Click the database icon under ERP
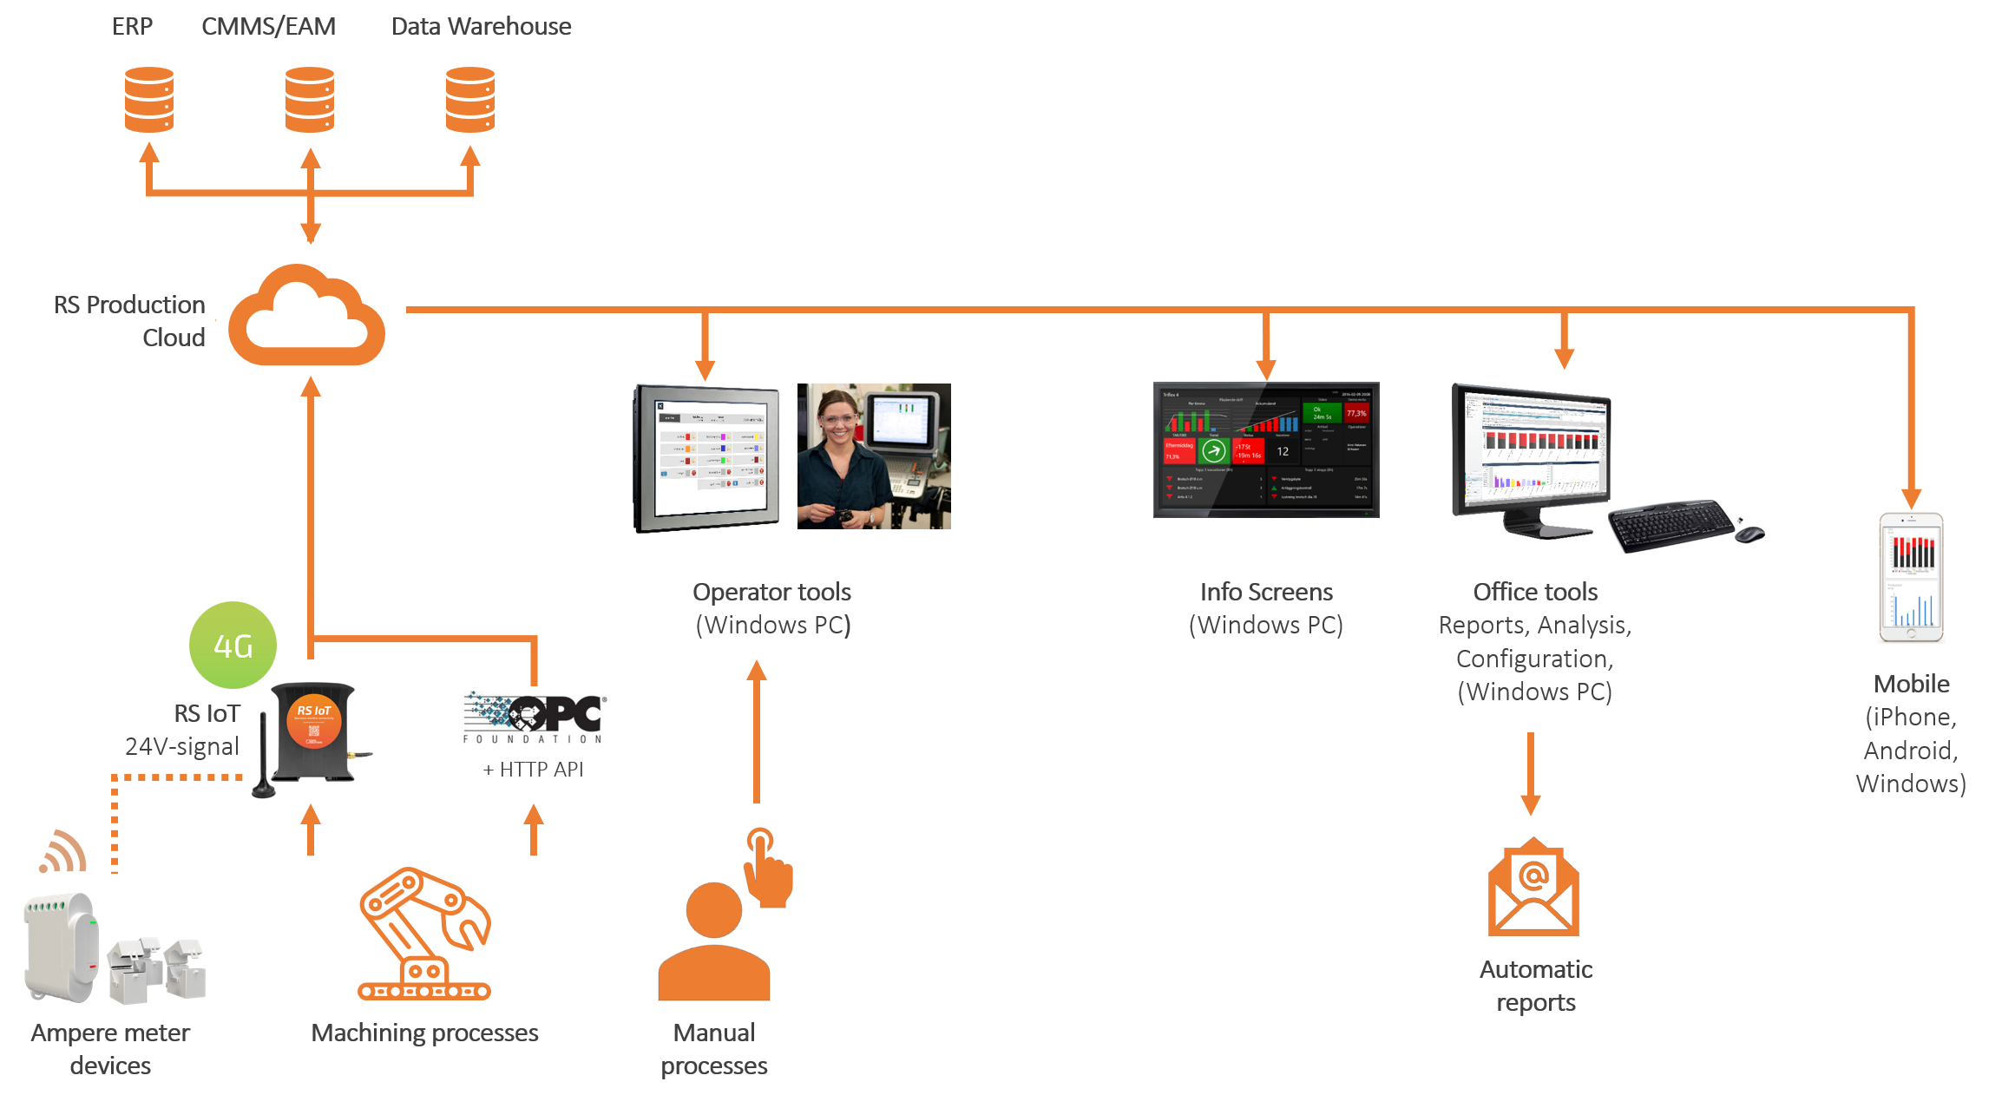click(x=149, y=99)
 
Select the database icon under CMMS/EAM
click(x=310, y=99)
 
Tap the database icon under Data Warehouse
click(x=470, y=99)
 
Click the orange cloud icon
click(x=306, y=318)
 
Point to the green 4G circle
click(x=233, y=646)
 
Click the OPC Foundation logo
click(x=535, y=717)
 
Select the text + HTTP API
click(x=533, y=770)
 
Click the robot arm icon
click(x=424, y=934)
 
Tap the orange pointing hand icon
click(x=767, y=869)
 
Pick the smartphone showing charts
click(x=1911, y=578)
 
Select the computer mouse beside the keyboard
click(x=1749, y=534)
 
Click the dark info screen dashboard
click(x=1266, y=449)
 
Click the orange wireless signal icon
click(x=63, y=852)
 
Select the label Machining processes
click(x=424, y=1033)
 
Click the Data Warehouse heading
click(x=481, y=26)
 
